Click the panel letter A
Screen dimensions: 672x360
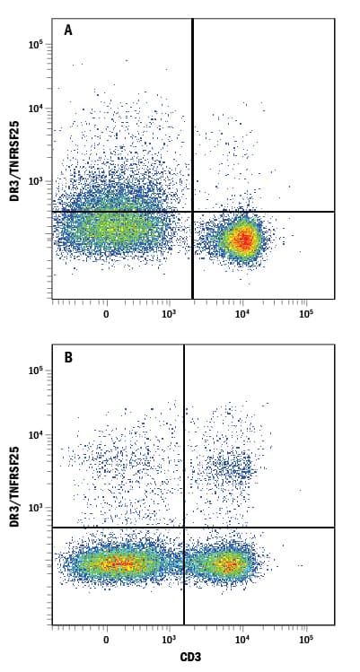pyautogui.click(x=68, y=31)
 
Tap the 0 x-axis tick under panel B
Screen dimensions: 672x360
pyautogui.click(x=106, y=641)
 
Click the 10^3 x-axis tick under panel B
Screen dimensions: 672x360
pyautogui.click(x=168, y=641)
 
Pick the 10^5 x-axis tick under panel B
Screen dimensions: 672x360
pyautogui.click(x=305, y=641)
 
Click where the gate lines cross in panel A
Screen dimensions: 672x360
pyautogui.click(x=193, y=212)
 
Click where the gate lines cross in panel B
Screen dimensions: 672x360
pyautogui.click(x=184, y=528)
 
